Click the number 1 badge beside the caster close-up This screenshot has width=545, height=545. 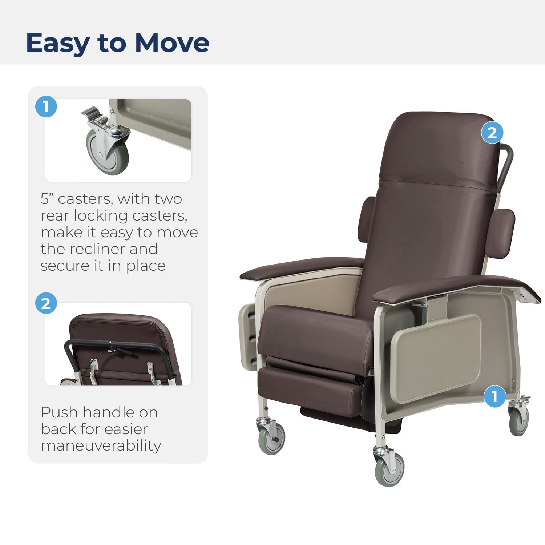point(46,107)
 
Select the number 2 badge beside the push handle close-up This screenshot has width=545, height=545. point(46,303)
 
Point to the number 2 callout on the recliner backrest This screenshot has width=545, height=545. point(492,133)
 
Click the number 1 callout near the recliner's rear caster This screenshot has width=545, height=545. point(494,396)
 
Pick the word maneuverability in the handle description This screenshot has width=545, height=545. point(101,445)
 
